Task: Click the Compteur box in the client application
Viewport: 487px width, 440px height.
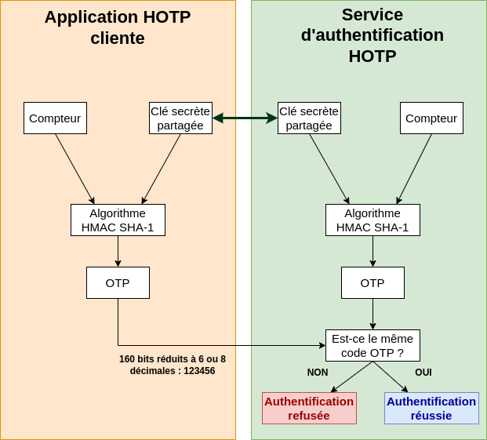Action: [55, 118]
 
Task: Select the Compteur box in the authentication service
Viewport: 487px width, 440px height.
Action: [431, 118]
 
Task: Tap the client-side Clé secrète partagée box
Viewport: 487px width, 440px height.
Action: [180, 118]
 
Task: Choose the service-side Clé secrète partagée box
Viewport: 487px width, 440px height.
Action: [309, 118]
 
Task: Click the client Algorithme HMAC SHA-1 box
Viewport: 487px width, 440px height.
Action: [118, 220]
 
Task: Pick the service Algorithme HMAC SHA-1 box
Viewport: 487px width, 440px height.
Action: [373, 220]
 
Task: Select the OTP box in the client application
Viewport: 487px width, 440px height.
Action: [118, 283]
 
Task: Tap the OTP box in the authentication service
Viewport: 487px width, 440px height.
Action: [373, 283]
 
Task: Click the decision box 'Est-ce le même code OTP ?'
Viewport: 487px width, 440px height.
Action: [373, 346]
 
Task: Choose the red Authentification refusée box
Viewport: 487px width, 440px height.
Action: [309, 409]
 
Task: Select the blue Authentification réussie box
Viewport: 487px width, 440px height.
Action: [431, 409]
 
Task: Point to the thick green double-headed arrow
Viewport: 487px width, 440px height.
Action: [245, 118]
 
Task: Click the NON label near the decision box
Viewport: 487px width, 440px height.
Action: [318, 373]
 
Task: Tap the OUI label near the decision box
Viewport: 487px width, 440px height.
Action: [423, 373]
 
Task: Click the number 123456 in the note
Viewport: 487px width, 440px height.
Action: [199, 371]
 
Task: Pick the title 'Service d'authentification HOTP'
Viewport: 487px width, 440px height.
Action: [373, 35]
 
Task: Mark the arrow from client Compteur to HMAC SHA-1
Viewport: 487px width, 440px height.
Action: [75, 169]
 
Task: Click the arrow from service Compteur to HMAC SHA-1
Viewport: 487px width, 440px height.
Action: [414, 169]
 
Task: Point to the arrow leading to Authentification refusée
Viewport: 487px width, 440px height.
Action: [352, 376]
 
